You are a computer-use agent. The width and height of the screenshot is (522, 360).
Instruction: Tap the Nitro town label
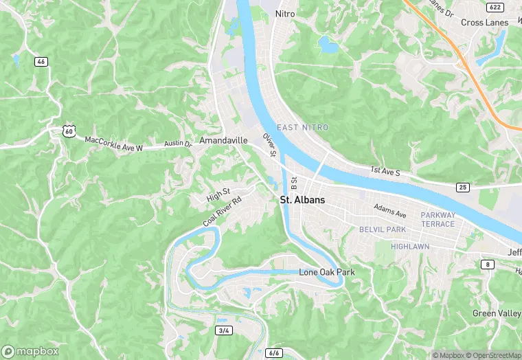284,13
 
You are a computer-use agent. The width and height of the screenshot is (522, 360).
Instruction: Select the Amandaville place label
223,140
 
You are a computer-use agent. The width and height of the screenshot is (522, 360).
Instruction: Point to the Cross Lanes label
485,23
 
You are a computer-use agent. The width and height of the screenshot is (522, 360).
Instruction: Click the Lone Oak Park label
327,272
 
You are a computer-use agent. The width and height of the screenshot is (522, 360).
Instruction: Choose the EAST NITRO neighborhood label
302,128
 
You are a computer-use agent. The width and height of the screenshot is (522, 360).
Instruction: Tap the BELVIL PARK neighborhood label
382,229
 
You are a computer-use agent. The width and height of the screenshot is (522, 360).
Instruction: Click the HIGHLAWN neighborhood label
410,246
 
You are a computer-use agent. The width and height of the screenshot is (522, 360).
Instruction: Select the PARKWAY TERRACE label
438,219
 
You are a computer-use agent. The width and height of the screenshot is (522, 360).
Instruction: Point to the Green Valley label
496,313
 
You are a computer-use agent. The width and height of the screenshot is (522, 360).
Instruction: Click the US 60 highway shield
67,130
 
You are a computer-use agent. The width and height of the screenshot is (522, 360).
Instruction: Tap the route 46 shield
42,62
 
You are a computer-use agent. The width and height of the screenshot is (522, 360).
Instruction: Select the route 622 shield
495,7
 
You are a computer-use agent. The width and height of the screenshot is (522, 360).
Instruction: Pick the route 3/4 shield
223,330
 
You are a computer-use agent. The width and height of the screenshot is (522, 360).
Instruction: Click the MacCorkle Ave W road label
113,143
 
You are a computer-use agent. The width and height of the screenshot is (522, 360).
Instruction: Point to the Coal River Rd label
223,212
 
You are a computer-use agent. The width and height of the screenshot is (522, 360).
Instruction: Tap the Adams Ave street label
390,208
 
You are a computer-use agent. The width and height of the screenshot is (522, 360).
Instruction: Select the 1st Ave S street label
385,170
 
